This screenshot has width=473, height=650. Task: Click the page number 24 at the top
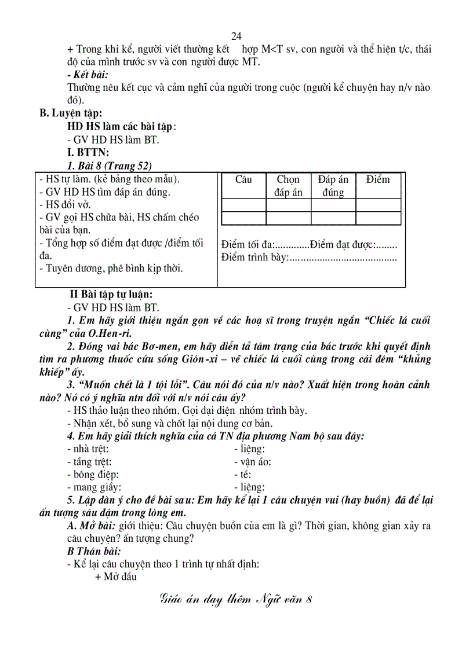[x=236, y=36]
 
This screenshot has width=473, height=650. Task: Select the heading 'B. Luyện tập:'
[x=71, y=113]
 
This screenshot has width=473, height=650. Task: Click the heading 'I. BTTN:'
[x=88, y=152]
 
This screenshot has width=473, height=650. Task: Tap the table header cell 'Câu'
[x=243, y=179]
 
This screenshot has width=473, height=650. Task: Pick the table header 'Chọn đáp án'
[x=288, y=186]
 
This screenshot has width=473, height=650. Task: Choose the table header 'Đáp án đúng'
[x=333, y=186]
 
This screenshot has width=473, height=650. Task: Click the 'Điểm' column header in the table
[x=378, y=179]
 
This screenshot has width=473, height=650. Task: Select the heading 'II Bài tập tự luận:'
[x=111, y=294]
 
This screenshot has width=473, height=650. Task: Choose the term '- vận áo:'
[x=252, y=461]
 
